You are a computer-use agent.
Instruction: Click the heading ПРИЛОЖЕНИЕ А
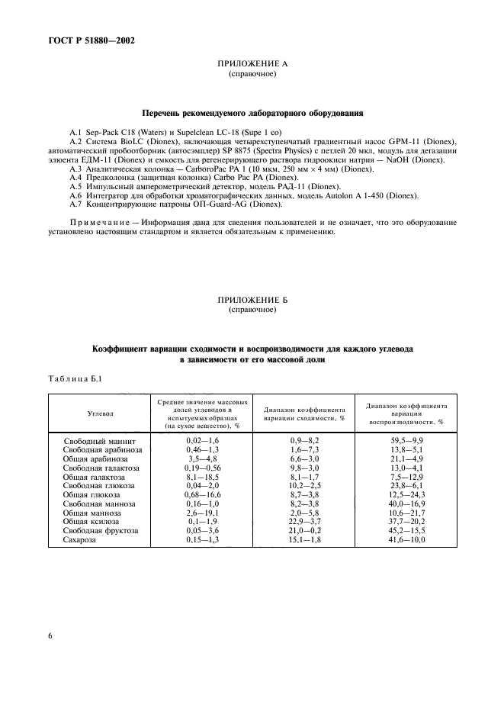coord(252,66)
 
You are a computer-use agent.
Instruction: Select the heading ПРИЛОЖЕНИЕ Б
coord(252,301)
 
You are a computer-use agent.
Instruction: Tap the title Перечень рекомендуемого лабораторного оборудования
coord(252,114)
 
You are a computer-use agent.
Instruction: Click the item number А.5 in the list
coord(76,186)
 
